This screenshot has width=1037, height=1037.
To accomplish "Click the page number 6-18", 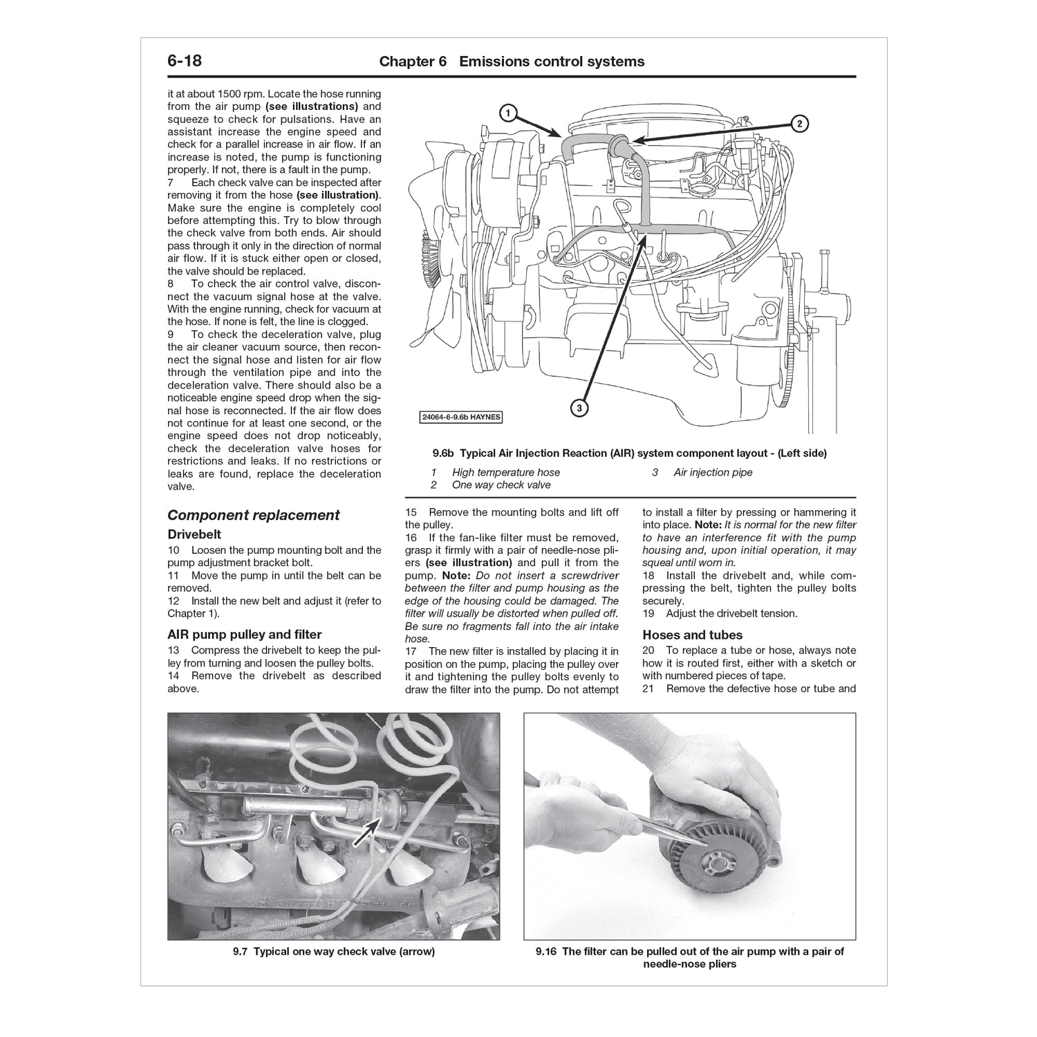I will coord(185,61).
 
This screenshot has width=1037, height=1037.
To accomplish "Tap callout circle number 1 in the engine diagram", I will coord(507,113).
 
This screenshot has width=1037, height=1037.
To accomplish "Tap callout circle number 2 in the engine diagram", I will coord(798,124).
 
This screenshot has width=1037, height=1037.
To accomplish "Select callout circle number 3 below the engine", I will coord(579,408).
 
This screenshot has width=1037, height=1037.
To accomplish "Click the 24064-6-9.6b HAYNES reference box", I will coord(461,417).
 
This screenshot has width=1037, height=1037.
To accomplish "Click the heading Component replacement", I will coord(253,515).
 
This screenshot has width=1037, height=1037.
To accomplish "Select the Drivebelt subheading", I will coord(194,534).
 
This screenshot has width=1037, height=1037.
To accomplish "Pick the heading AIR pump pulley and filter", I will coord(244,634).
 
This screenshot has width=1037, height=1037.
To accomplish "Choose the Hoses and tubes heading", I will coord(692,635).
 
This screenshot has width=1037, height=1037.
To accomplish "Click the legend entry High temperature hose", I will coord(505,472).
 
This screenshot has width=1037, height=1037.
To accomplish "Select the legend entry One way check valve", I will coord(501,485).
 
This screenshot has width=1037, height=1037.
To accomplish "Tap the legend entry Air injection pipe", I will coord(713,472).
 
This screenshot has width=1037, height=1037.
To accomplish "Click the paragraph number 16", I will coord(411,538).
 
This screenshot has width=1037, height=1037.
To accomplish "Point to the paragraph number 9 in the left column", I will coord(171,335).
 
